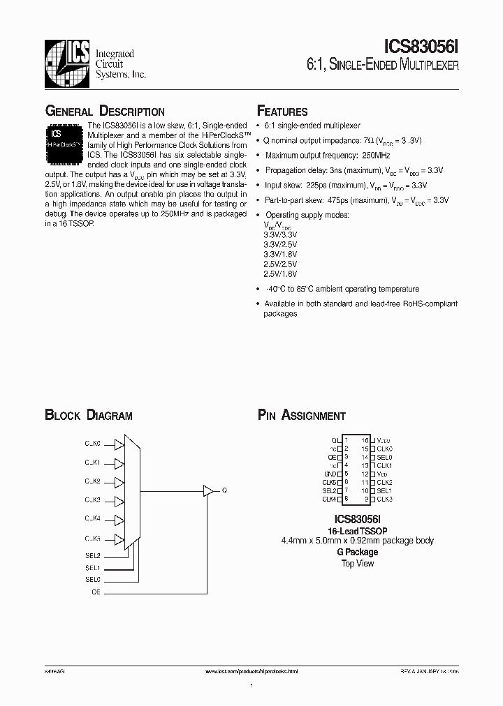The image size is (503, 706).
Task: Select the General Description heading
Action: point(105,112)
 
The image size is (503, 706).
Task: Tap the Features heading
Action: point(282,112)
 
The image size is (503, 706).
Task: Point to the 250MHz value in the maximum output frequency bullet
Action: point(376,155)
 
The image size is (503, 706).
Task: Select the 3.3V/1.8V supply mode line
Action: point(280,255)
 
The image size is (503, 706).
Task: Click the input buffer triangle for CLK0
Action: point(119,444)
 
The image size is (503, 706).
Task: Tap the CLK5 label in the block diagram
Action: point(93,538)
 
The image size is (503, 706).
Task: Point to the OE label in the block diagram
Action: point(96,592)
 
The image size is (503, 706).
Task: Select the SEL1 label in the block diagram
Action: point(93,568)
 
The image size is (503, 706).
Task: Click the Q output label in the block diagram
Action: point(224,490)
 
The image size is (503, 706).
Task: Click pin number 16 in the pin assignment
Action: point(365,440)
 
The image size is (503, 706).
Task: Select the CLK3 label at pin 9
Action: point(384,500)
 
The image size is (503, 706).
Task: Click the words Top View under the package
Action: point(357,563)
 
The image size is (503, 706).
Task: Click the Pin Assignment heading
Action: point(302,416)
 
